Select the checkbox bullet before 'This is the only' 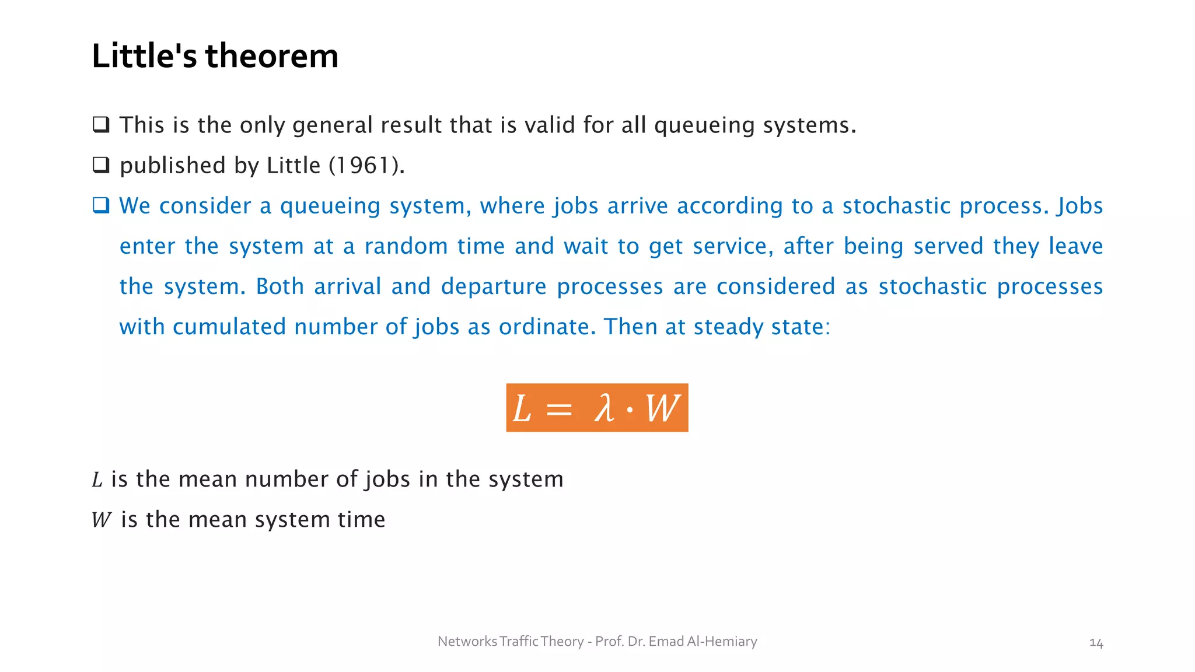click(x=101, y=124)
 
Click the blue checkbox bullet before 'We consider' click(x=101, y=205)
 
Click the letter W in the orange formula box click(x=662, y=408)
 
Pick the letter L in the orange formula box click(x=522, y=408)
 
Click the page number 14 click(x=1096, y=643)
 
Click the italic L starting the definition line click(x=97, y=480)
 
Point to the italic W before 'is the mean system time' click(x=102, y=520)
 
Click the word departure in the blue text click(x=494, y=286)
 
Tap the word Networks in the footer click(x=467, y=642)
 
